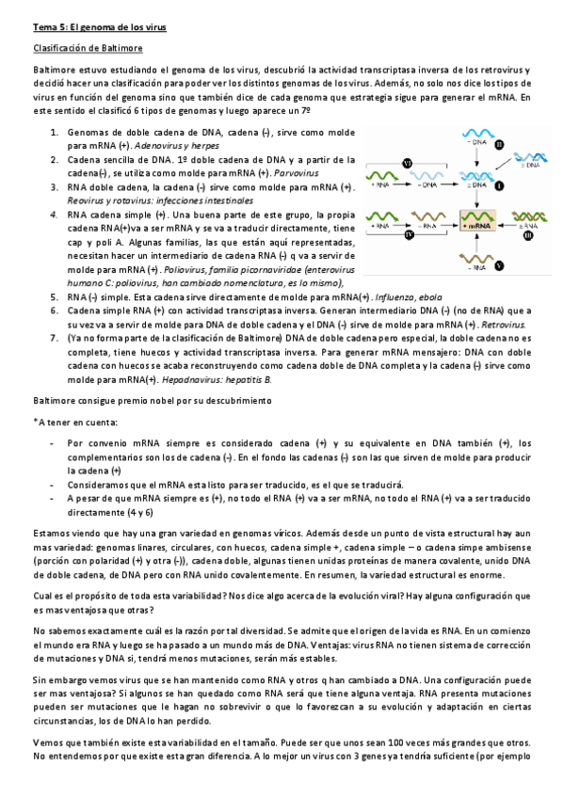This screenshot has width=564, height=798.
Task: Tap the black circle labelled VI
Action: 407,164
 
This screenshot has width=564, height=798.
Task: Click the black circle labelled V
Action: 500,266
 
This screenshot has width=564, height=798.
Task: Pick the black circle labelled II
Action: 500,144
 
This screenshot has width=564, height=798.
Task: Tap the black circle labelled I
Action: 500,186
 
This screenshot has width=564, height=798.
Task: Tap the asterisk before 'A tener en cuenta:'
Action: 35,422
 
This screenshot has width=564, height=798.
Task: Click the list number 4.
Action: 56,215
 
